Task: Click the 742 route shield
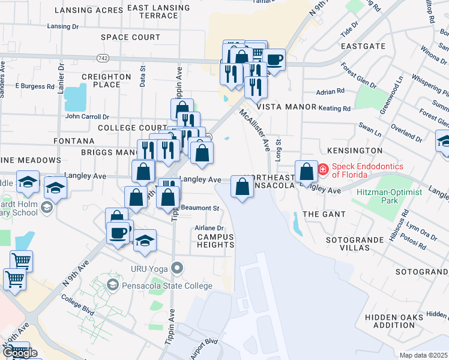pyautogui.click(x=103, y=57)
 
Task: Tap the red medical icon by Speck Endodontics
pyautogui.click(x=322, y=170)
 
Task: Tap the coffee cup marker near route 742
pyautogui.click(x=274, y=60)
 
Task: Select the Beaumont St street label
pyautogui.click(x=202, y=208)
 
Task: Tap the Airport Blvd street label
pyautogui.click(x=204, y=349)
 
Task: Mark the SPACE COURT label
pyautogui.click(x=130, y=37)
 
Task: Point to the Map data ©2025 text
pyautogui.click(x=423, y=355)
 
